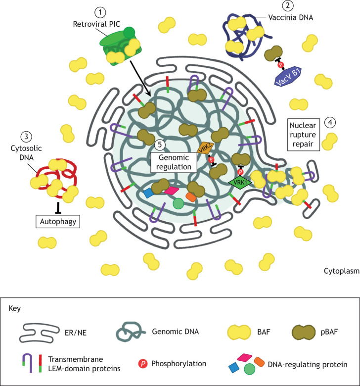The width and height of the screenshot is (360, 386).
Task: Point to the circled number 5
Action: pos(159,145)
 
